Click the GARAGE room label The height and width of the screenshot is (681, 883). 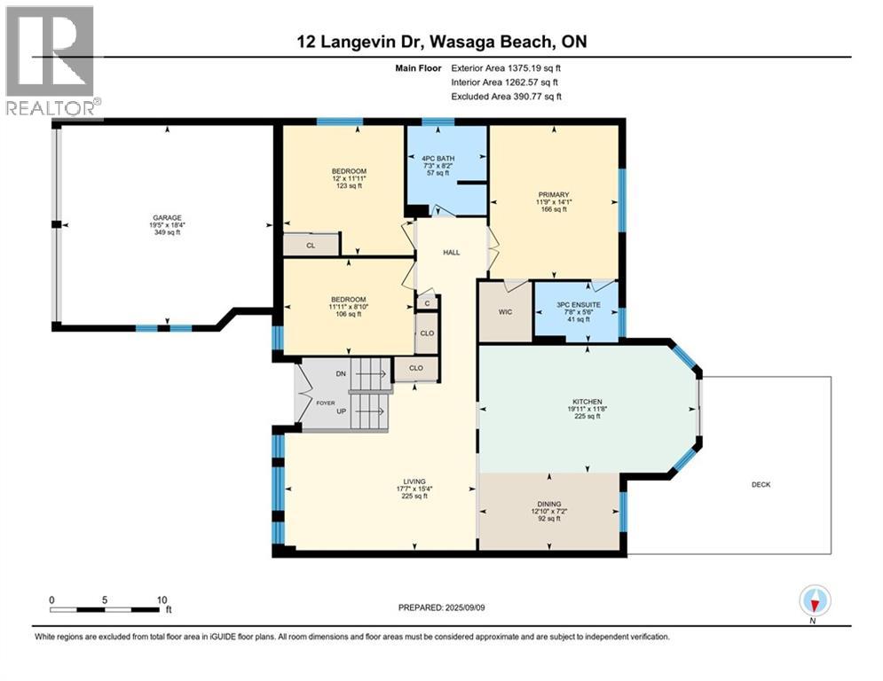click(x=167, y=218)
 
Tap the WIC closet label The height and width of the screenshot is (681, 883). click(x=505, y=312)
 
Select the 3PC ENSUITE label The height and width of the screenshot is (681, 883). click(x=579, y=304)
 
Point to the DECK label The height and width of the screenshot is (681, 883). click(x=761, y=484)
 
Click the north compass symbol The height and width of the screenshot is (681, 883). click(x=815, y=600)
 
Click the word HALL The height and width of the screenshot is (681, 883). click(x=451, y=253)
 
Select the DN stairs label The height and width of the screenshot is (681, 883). click(x=341, y=373)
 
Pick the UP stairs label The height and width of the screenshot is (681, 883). click(x=342, y=411)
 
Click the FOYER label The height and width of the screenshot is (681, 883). click(x=325, y=403)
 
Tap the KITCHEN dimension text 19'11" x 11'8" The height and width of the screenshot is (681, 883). click(x=587, y=409)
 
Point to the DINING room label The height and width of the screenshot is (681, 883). click(x=549, y=505)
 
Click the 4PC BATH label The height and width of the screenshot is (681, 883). click(x=438, y=159)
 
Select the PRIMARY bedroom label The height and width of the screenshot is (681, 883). click(x=554, y=195)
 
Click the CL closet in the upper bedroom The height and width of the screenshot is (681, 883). click(x=311, y=246)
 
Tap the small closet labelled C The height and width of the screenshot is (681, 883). click(x=428, y=303)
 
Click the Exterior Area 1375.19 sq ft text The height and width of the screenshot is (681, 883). click(x=506, y=68)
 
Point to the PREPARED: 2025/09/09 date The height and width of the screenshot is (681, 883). click(x=442, y=607)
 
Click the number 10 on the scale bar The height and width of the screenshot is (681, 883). click(x=162, y=600)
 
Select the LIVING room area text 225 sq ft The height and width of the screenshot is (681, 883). click(x=414, y=497)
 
